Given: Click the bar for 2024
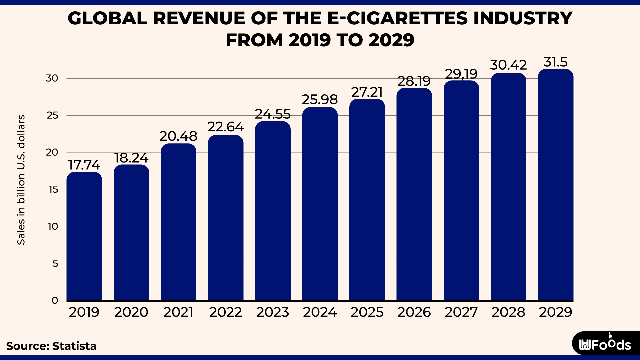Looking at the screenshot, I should [320, 204].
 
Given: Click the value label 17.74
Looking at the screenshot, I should [84, 165].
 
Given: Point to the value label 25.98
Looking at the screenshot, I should [320, 100].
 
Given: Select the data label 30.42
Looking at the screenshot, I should [508, 65].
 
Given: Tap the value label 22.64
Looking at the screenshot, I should [226, 127].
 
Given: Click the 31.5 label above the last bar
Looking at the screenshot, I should [555, 62].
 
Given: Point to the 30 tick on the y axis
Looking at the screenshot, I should [52, 78].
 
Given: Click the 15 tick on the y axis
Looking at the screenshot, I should [53, 190].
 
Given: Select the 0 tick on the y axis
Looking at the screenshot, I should [55, 301].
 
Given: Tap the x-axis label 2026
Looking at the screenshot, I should [414, 312].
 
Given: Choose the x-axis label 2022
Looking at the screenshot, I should [226, 312].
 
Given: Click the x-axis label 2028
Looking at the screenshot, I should [508, 312].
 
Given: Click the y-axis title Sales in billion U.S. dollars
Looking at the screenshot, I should [21, 180].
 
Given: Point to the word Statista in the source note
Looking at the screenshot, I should [74, 346].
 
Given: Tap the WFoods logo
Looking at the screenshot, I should [605, 344].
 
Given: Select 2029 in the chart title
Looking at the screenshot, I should [391, 40].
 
